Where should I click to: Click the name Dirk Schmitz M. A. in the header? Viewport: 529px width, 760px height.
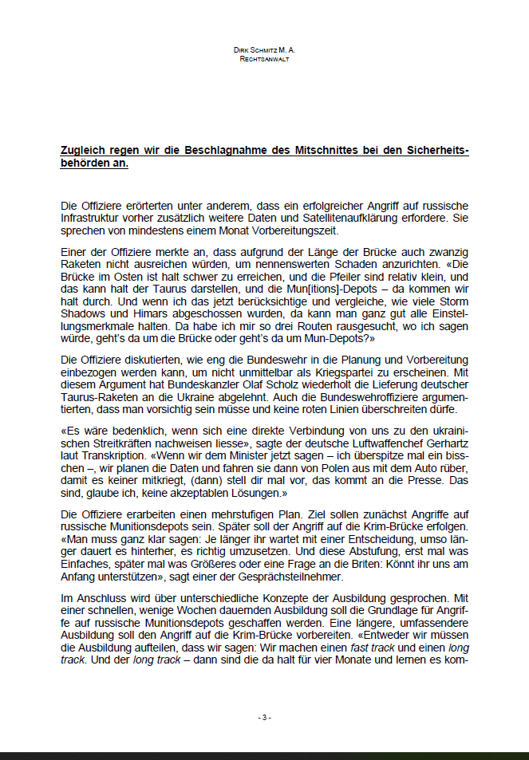(264, 49)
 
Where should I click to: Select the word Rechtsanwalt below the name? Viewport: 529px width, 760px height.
(264, 58)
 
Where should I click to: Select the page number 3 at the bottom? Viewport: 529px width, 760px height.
(264, 717)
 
